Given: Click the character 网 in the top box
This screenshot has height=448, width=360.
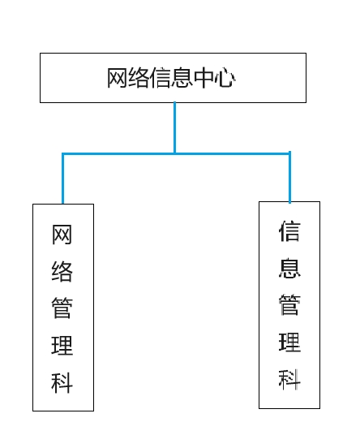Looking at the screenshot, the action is (117, 78).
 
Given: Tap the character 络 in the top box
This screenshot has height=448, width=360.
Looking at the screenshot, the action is (139, 78).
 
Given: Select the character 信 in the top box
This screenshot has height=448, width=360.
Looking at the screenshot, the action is (161, 78).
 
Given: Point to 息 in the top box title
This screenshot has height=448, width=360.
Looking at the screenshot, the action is (182, 78).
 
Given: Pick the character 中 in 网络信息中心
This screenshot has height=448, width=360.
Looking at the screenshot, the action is (204, 78).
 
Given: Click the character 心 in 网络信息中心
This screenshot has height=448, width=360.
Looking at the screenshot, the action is (225, 78).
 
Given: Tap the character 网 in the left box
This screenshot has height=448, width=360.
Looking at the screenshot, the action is (62, 235).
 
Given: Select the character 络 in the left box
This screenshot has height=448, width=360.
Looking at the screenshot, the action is (62, 271).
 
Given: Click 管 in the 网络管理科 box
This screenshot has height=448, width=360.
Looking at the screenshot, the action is (62, 308).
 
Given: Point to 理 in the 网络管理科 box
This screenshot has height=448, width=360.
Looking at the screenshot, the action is (62, 345).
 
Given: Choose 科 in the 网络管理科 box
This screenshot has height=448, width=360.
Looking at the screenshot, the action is (62, 382).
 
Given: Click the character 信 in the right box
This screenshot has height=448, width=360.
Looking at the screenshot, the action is (289, 230).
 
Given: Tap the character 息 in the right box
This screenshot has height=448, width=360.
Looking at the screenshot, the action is (289, 268).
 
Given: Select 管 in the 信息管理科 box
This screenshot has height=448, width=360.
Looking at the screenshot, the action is (289, 304).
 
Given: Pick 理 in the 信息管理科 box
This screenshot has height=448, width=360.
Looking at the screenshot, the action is (289, 342).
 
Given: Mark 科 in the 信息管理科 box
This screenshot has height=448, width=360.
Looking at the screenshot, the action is (289, 379).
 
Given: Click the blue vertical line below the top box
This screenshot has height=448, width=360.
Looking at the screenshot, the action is (174, 127).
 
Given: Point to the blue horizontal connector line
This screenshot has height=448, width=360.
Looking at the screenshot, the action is (176, 153).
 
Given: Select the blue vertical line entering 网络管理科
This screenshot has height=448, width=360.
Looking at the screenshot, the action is (62, 179).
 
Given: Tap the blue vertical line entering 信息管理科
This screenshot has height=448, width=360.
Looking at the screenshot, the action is (289, 177).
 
